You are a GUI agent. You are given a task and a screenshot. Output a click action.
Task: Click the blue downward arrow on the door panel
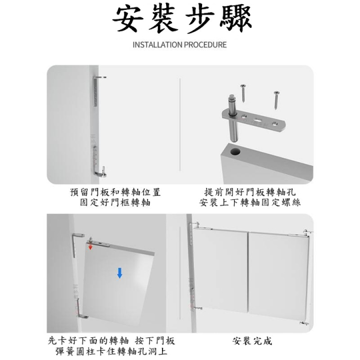coord(120,273)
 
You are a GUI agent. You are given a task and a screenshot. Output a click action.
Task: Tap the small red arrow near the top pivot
coord(91,247)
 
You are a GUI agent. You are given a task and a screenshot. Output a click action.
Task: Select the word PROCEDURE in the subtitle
coord(205,45)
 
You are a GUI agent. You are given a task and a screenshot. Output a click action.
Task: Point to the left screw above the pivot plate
coord(243,92)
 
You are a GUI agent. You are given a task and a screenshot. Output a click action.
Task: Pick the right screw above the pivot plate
coord(276,100)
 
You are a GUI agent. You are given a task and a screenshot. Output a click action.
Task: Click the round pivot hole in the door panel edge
coord(235,152)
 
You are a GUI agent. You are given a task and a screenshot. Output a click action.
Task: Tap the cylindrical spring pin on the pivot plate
coord(233,118)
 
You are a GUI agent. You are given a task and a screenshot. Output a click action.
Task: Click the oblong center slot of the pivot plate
coord(258,120)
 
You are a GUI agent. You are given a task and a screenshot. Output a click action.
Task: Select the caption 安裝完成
coord(252,341)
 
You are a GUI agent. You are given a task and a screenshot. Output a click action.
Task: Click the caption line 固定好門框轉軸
coord(115,203)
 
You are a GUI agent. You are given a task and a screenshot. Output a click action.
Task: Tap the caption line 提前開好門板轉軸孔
coord(250,192)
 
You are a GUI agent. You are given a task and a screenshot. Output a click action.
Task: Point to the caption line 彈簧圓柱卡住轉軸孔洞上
coord(111,351)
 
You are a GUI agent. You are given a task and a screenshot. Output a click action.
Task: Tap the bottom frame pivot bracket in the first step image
coord(98,162)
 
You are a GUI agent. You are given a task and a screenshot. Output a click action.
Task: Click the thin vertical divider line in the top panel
coord(180,125)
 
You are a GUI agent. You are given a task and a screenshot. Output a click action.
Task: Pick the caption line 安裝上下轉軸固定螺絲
coord(250,203)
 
